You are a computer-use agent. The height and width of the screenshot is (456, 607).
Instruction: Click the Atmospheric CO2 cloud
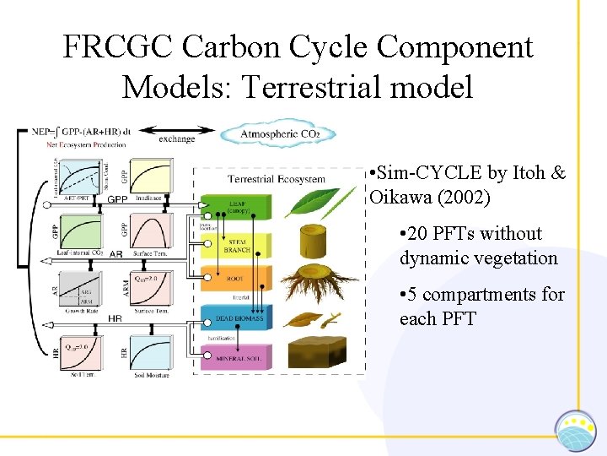click(277, 134)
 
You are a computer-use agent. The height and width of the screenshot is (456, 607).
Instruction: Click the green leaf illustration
click(320, 204)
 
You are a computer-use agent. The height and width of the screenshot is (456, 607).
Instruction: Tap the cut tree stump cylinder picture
click(320, 241)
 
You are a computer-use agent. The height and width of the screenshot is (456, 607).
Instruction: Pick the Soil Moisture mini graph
click(149, 346)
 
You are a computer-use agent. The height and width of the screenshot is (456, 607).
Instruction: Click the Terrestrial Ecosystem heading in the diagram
click(275, 179)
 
